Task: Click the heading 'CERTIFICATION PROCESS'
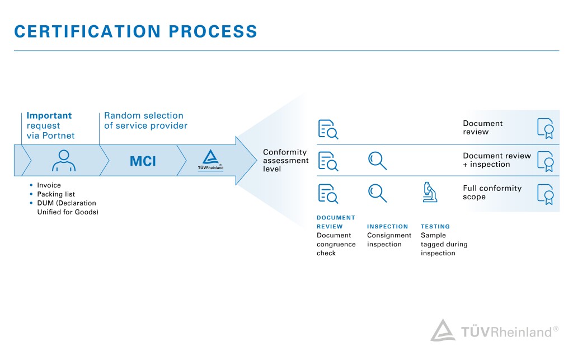135,31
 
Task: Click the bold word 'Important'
49,116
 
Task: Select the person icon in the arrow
63,161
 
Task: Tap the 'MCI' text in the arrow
143,162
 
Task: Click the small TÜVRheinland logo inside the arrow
210,160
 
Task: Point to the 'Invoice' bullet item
49,185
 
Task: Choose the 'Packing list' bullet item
56,194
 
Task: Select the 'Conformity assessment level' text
285,160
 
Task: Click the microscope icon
430,192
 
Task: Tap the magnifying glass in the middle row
377,160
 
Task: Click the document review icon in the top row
328,129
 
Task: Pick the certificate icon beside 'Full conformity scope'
545,193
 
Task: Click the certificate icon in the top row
545,128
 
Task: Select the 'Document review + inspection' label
497,160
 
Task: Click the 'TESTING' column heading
435,227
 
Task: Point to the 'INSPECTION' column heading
388,227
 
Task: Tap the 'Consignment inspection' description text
389,240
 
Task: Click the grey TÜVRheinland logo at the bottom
494,331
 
